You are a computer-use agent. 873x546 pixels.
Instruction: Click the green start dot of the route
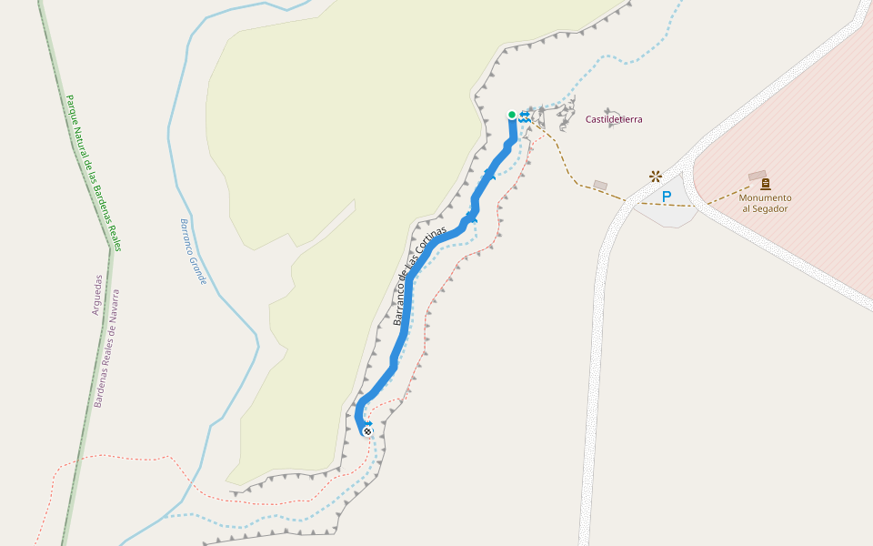pyautogui.click(x=512, y=115)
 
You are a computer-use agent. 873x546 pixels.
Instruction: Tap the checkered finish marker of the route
pyautogui.click(x=367, y=430)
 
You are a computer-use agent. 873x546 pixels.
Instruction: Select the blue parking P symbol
pyautogui.click(x=667, y=197)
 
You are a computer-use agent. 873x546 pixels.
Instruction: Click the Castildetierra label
pyautogui.click(x=614, y=119)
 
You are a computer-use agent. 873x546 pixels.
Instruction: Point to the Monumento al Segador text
pyautogui.click(x=765, y=203)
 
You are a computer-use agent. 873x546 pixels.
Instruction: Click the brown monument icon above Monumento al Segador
pyautogui.click(x=765, y=184)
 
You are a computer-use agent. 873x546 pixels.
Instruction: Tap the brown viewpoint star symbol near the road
pyautogui.click(x=655, y=175)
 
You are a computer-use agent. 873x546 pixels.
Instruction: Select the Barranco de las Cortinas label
pyautogui.click(x=420, y=274)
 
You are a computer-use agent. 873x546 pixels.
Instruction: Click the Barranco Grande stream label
pyautogui.click(x=193, y=251)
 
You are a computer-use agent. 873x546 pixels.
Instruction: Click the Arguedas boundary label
pyautogui.click(x=98, y=295)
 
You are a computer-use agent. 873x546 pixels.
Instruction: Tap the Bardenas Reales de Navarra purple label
pyautogui.click(x=107, y=348)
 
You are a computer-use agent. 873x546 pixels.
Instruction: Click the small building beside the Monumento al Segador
pyautogui.click(x=758, y=175)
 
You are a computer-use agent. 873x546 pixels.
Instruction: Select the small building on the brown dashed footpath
pyautogui.click(x=600, y=185)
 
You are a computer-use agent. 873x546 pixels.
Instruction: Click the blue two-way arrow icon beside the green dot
pyautogui.click(x=526, y=116)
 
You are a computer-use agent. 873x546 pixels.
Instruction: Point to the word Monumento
pyautogui.click(x=765, y=197)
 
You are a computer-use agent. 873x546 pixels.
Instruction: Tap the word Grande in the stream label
pyautogui.click(x=198, y=268)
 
